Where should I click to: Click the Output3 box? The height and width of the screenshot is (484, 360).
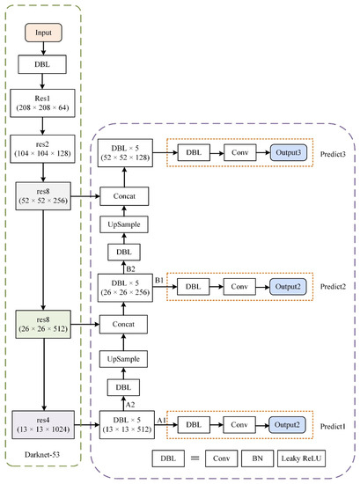(290, 152)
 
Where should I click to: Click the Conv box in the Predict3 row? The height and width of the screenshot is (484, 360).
(238, 152)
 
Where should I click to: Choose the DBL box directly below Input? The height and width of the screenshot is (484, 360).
(43, 62)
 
